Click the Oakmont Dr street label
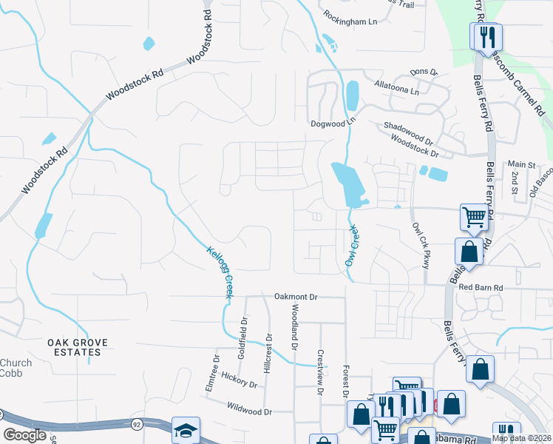point(296,297)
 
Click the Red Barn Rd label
point(481,287)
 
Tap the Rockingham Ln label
point(351,22)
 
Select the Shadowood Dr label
point(408,132)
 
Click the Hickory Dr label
point(239,380)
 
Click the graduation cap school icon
point(186,429)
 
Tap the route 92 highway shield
point(138,424)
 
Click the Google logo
point(25,434)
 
